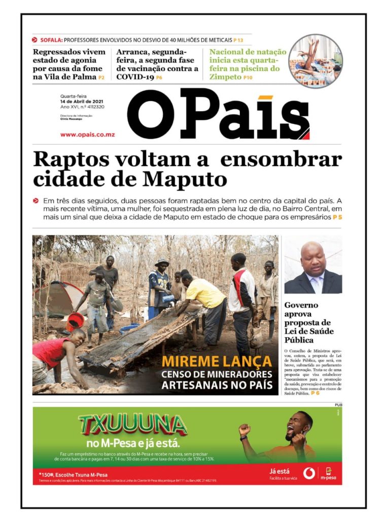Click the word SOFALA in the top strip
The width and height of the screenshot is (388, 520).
(51, 40)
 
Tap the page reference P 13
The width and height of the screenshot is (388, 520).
(238, 40)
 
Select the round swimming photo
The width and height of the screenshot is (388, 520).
(315, 61)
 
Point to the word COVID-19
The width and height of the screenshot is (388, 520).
(134, 77)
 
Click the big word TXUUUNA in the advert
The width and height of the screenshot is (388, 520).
(133, 425)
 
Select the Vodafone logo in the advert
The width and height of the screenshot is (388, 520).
(309, 473)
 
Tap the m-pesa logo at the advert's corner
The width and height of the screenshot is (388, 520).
(328, 473)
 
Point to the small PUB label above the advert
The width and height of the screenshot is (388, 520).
(338, 404)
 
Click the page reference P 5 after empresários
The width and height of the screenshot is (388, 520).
(337, 217)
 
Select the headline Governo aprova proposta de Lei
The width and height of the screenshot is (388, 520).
(307, 322)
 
